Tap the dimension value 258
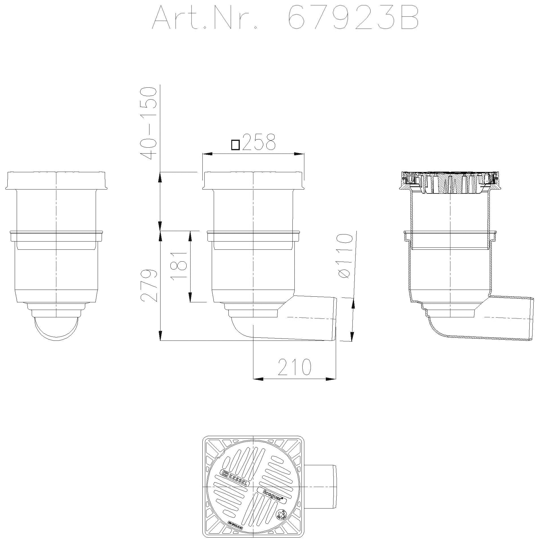pyautogui.click(x=259, y=143)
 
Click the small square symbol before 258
pyautogui.click(x=236, y=145)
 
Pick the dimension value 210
pyautogui.click(x=294, y=367)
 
